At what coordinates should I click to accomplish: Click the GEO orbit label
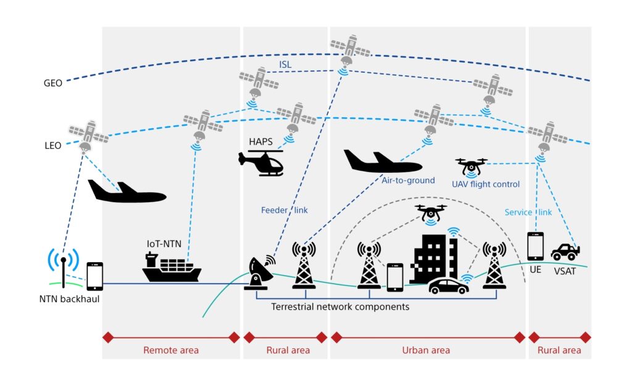click(x=52, y=83)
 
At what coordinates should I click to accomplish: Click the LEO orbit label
click(x=52, y=146)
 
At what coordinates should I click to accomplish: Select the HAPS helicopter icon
click(x=261, y=162)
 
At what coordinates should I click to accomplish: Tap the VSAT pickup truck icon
click(x=565, y=252)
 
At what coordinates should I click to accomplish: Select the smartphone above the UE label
click(x=535, y=246)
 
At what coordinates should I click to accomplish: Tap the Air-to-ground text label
click(x=408, y=181)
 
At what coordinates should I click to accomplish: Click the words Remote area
click(x=171, y=350)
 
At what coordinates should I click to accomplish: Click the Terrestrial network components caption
click(x=340, y=306)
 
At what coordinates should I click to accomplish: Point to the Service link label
click(x=528, y=212)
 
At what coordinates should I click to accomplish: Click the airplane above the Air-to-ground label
click(x=381, y=162)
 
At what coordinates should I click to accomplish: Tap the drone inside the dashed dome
click(x=431, y=213)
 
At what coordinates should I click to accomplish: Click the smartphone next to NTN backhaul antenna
click(x=94, y=276)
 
